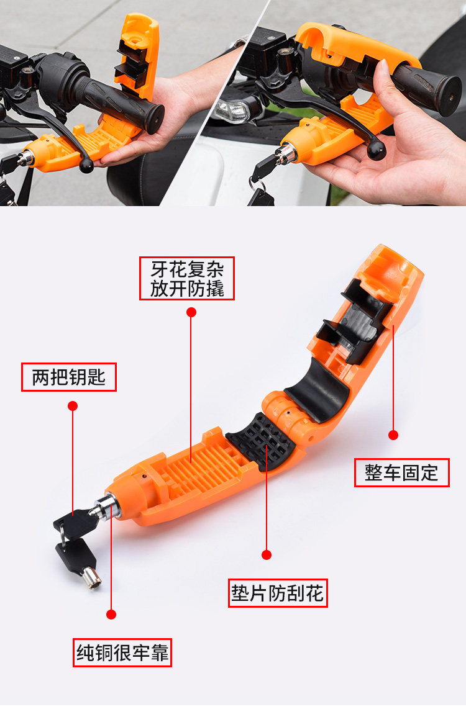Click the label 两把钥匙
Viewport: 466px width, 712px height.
point(68,377)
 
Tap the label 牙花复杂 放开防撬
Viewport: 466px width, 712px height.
point(187,278)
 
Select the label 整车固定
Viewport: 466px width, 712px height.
point(402,472)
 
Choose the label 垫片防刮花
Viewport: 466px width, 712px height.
point(278,593)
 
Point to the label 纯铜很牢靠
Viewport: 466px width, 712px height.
point(122,652)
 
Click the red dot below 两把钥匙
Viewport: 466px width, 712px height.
point(73,406)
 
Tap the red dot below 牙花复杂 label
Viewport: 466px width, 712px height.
point(191,312)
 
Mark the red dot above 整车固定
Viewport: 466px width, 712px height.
point(393,435)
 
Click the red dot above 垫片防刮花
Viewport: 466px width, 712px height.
point(267,554)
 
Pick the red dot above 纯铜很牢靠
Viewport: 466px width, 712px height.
point(111,615)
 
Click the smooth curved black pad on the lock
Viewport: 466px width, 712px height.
point(318,390)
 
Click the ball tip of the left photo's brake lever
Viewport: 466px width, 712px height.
point(86,166)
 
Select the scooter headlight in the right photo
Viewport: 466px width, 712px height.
point(232,110)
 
